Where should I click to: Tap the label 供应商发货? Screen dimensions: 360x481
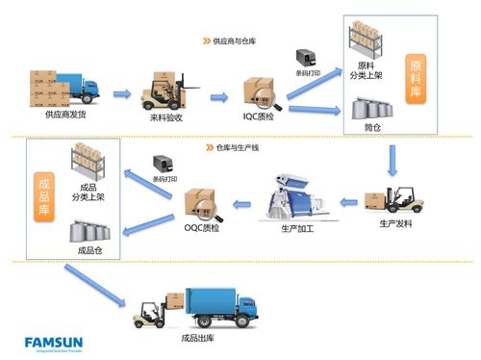point(64,115)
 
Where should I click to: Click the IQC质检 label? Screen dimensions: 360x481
point(258,115)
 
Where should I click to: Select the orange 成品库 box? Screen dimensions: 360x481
point(42,197)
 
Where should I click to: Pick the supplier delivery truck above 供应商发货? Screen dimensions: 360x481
point(64,88)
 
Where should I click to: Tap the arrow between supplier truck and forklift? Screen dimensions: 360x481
point(121,93)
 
